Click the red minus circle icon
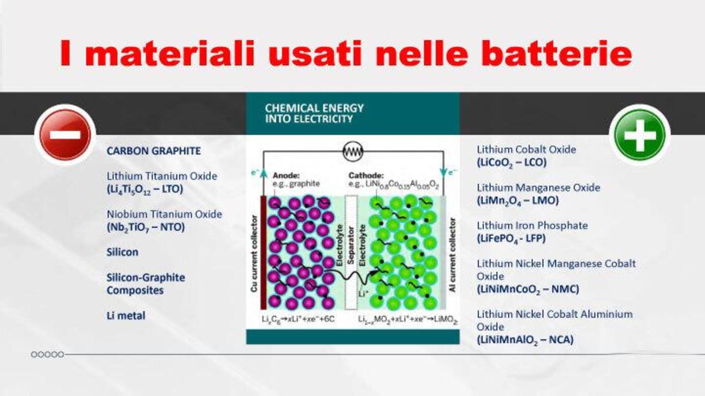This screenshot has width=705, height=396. tap(65, 135)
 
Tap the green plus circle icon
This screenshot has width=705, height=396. tap(640, 135)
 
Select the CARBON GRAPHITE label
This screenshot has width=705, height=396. tap(154, 151)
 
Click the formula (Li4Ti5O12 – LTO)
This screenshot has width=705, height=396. tap(145, 189)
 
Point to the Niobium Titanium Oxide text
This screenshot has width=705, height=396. tap(164, 214)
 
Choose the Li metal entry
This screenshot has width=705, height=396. tap(126, 316)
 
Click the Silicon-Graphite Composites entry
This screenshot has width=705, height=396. tap(146, 284)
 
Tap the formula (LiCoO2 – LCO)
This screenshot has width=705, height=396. tap(511, 163)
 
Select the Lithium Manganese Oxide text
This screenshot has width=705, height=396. tap(538, 187)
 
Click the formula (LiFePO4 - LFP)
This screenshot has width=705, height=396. tap(511, 239)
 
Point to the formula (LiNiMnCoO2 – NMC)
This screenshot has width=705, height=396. tap(528, 289)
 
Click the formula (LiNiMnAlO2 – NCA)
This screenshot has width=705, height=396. tap(525, 340)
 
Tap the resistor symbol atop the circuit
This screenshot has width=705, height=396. tap(353, 152)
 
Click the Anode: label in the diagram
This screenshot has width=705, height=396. tap(286, 175)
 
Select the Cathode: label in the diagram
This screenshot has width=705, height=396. tap(366, 175)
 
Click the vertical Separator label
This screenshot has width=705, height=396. tap(351, 245)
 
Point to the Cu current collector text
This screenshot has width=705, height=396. tap(254, 253)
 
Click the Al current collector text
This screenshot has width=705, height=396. tap(453, 255)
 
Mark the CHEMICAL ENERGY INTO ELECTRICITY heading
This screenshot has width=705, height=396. tap(314, 113)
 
